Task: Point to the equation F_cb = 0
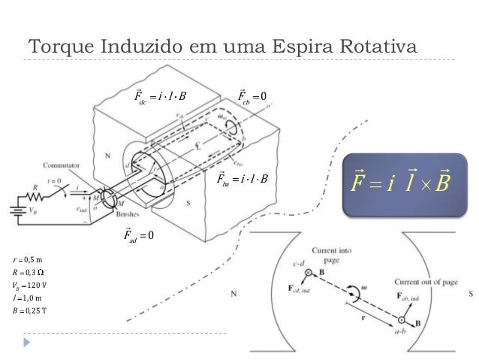pos(256,97)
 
